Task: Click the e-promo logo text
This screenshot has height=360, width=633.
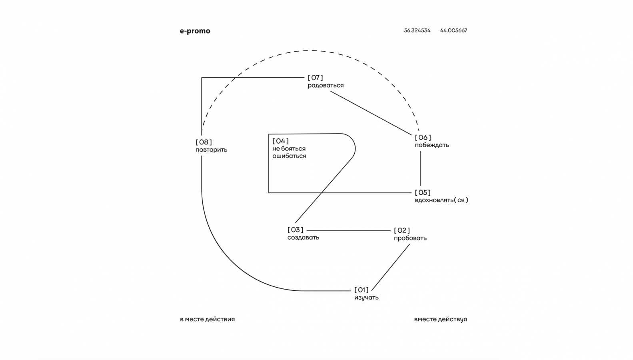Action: coord(195,31)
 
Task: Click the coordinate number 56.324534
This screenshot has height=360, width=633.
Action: coord(417,30)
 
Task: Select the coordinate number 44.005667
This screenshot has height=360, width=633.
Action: coord(453,30)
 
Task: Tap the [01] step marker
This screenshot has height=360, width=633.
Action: coord(361,290)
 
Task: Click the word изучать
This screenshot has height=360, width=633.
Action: coord(366,298)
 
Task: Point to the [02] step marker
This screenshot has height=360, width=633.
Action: coord(402,230)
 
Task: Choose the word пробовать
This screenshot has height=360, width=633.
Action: coord(410,238)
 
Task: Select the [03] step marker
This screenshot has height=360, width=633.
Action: coord(296,230)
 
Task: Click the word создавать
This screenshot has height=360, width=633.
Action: coord(303,237)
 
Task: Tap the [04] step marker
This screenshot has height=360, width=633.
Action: coord(281,141)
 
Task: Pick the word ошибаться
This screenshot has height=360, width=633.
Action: coord(289,156)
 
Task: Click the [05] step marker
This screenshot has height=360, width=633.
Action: coord(423,192)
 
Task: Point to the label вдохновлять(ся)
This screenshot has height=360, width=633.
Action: coord(441,200)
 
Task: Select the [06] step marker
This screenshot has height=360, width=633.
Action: coord(423,138)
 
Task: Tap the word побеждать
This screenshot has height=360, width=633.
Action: coord(432,145)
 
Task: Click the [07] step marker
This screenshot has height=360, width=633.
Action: coord(315,78)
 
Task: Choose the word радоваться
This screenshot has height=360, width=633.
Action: coord(325,85)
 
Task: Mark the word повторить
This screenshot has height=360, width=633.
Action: coord(211,150)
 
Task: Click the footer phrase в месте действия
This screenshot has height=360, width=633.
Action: coord(207,319)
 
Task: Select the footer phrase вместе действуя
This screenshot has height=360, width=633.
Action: coord(440,319)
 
